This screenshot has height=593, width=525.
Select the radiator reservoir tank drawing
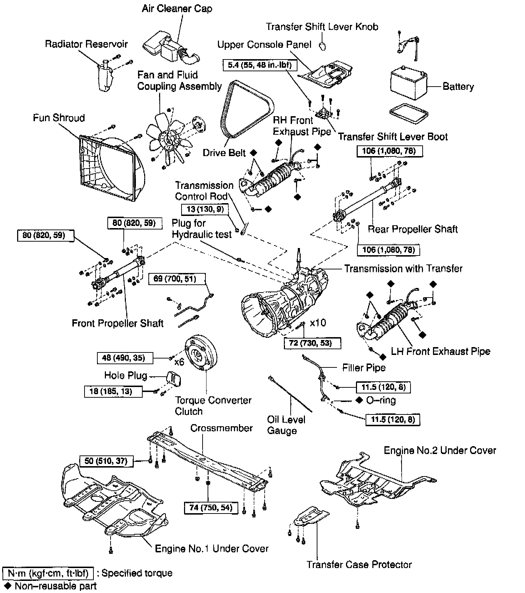(x=105, y=77)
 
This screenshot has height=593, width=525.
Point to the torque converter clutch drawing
(x=201, y=356)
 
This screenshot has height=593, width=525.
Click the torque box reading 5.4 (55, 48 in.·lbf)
(x=259, y=65)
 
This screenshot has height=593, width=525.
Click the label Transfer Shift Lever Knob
(x=322, y=27)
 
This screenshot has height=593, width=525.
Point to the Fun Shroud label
(x=59, y=118)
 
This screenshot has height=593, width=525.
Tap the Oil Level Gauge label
(x=286, y=425)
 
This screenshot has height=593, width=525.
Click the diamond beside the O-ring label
(x=360, y=400)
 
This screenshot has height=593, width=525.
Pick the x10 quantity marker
(x=318, y=323)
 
